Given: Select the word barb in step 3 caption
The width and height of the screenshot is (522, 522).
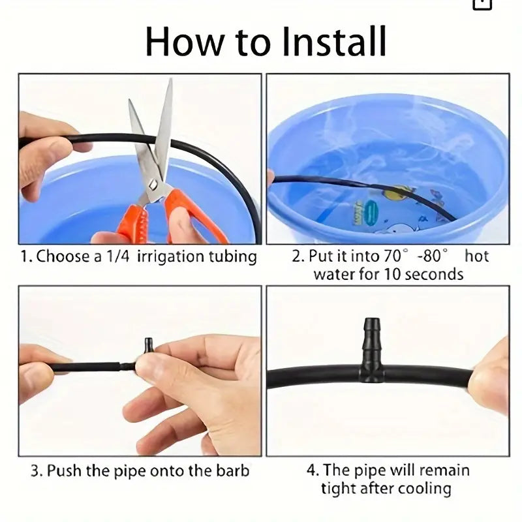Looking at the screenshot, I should tap(232, 470).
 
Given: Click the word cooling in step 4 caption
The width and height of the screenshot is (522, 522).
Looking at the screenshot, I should tap(428, 487).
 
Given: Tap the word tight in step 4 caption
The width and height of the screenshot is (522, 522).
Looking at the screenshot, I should tap(339, 487).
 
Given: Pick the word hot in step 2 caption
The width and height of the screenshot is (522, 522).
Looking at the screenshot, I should tap(476, 256).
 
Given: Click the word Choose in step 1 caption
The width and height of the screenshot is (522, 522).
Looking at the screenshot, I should tap(63, 256).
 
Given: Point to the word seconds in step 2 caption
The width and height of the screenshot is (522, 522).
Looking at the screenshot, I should tap(433, 273).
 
